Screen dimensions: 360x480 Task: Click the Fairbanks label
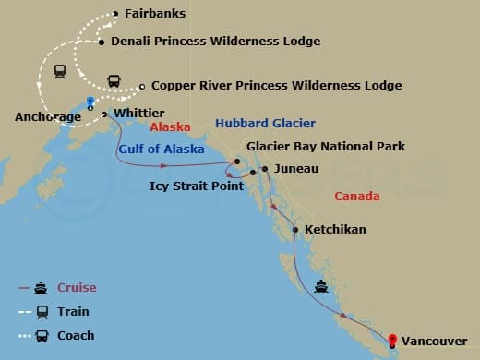click(x=154, y=14)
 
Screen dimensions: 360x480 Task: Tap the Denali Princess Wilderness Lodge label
click(x=215, y=42)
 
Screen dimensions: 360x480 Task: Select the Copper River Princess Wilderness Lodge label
click(x=276, y=86)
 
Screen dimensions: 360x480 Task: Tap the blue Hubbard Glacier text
click(x=265, y=124)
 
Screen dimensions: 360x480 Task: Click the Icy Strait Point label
click(x=197, y=186)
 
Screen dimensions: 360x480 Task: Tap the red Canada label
click(x=357, y=197)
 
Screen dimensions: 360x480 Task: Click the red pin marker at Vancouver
click(x=392, y=340)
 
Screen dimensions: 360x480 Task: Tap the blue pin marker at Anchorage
click(x=90, y=102)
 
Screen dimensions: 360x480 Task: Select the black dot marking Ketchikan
click(x=294, y=230)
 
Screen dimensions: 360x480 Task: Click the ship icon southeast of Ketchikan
click(x=320, y=285)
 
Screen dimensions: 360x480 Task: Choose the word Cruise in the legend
click(x=77, y=288)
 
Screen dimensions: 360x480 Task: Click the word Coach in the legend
click(x=77, y=336)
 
